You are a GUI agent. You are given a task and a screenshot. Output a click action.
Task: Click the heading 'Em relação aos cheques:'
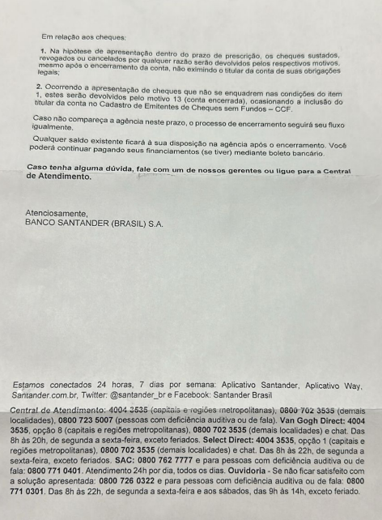tap(83, 37)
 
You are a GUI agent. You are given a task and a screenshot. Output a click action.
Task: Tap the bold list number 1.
tap(42, 51)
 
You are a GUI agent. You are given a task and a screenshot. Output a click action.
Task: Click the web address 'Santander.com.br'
tap(44, 393)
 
